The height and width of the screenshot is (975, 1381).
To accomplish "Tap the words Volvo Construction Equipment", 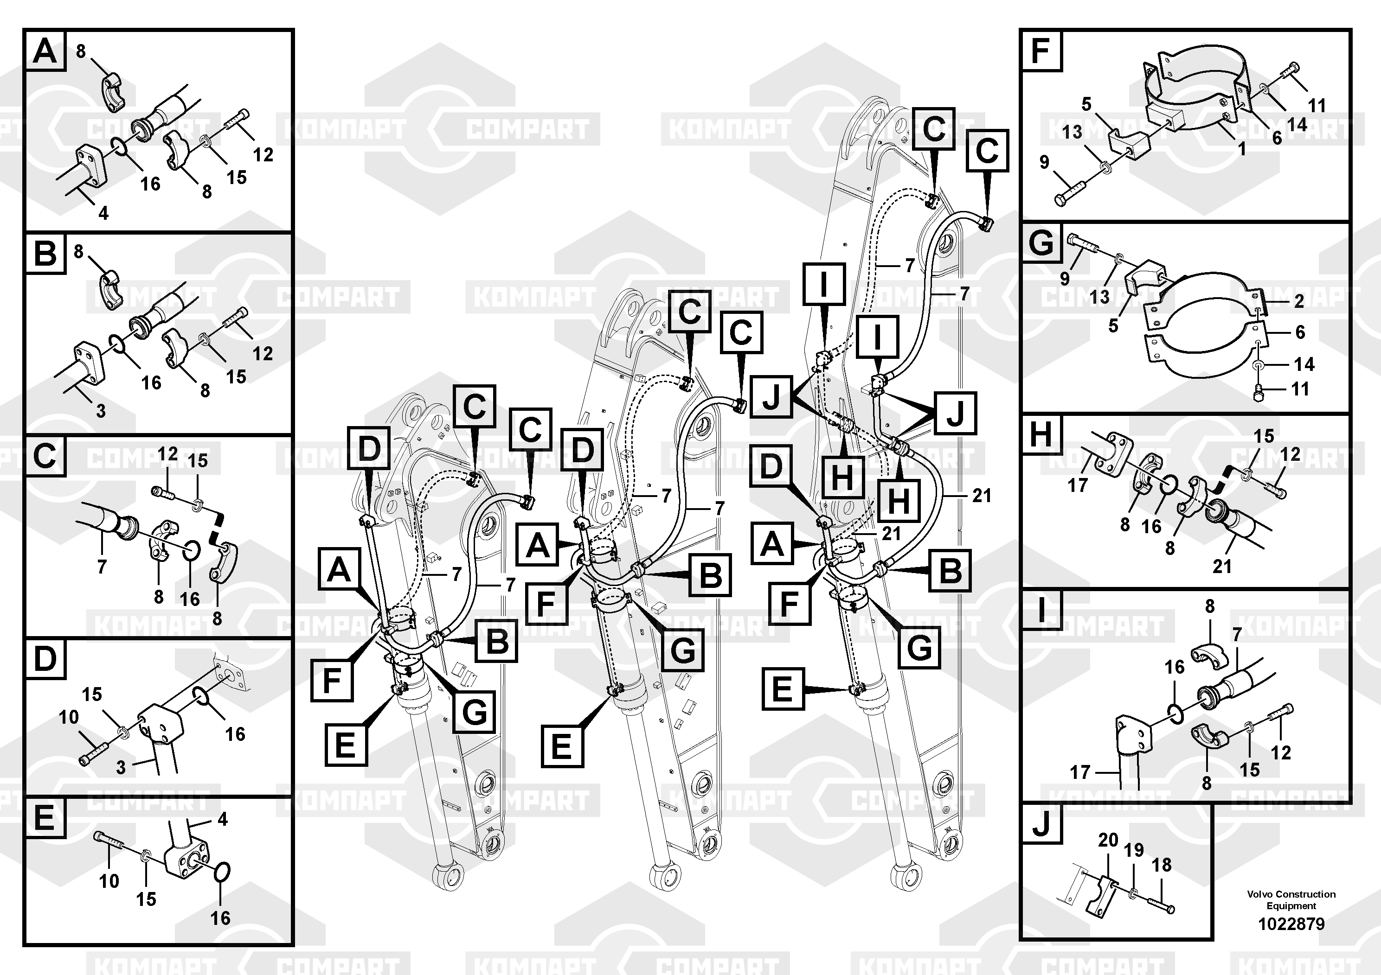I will (x=1291, y=900).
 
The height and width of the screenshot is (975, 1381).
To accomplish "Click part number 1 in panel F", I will (x=1241, y=148).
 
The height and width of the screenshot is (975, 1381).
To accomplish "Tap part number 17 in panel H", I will (x=1077, y=484).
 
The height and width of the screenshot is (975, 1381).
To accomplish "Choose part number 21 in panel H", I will (x=1221, y=566).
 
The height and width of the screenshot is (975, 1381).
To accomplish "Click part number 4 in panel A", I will (x=103, y=213).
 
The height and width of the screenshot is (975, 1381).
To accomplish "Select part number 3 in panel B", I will (x=101, y=411).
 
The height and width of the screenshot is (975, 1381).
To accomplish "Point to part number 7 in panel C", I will (x=102, y=566).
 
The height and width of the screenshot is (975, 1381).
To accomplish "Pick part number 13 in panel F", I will (x=1072, y=132).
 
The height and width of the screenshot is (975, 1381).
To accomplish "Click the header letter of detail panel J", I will (x=1041, y=825).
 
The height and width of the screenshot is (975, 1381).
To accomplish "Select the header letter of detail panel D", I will (x=45, y=659).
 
